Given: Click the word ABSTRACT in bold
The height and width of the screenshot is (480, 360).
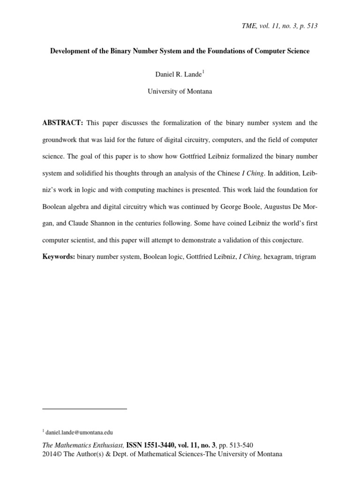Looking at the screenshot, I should pos(62,123).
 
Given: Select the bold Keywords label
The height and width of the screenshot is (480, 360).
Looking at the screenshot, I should pos(58,257).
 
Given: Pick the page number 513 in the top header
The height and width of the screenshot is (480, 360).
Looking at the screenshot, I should pos(312,26).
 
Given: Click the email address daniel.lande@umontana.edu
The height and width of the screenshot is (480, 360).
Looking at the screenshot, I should pos(79,432).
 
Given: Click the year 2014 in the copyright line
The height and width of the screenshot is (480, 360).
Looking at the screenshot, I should pos(49,454).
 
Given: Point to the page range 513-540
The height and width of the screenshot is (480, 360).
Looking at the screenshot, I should pos(240,445).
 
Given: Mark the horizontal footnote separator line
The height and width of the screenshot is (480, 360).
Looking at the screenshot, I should pos(84,409).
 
